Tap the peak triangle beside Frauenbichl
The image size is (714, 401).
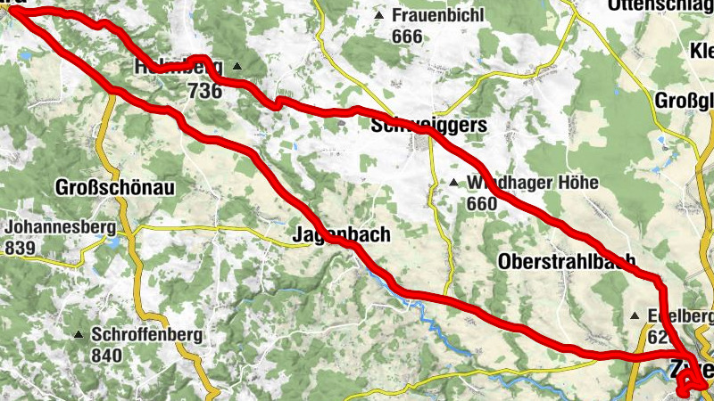[381, 16]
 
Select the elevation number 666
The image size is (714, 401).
[406, 37]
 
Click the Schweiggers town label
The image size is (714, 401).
[429, 126]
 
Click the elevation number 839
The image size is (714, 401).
[20, 247]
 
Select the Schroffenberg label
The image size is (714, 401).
[145, 335]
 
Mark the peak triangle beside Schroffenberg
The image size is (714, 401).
[79, 336]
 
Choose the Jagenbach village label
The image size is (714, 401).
[341, 235]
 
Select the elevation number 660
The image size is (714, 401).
[482, 204]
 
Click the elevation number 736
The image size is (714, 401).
[204, 90]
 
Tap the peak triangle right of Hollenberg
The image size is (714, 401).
[237, 66]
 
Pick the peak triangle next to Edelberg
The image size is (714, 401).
[635, 316]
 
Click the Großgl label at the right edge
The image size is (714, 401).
[685, 99]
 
